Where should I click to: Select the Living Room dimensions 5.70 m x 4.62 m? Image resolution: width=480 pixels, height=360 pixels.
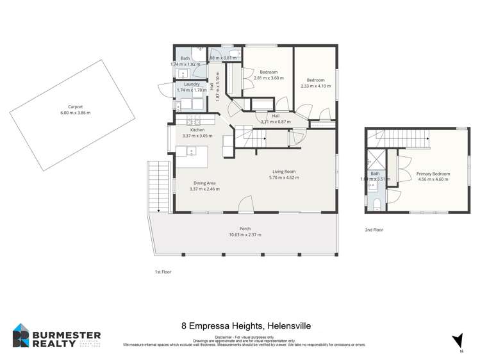click(285, 177)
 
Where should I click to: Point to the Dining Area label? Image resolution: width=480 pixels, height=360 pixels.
click(205, 184)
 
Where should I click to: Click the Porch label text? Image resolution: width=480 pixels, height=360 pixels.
click(245, 229)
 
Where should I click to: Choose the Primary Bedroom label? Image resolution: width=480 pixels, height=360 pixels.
click(433, 174)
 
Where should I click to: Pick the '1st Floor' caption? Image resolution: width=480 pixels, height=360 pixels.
click(163, 272)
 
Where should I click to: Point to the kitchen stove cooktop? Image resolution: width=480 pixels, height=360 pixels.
click(194, 121)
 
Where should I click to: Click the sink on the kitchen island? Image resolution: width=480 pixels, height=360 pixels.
click(190, 152)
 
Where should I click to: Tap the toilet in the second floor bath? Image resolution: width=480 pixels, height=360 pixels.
click(377, 204)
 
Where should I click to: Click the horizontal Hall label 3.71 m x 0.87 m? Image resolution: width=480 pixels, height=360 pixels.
click(276, 119)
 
